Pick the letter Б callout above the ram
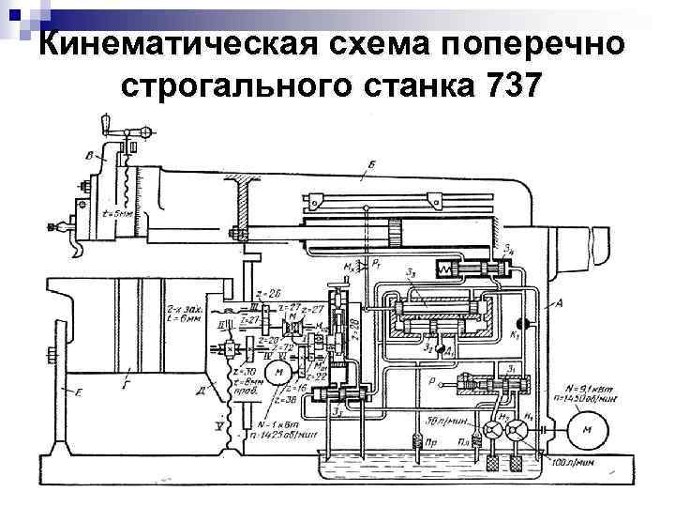[372, 165]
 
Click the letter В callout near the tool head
[88, 153]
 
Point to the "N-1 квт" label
[275, 425]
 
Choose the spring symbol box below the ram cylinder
[442, 269]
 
